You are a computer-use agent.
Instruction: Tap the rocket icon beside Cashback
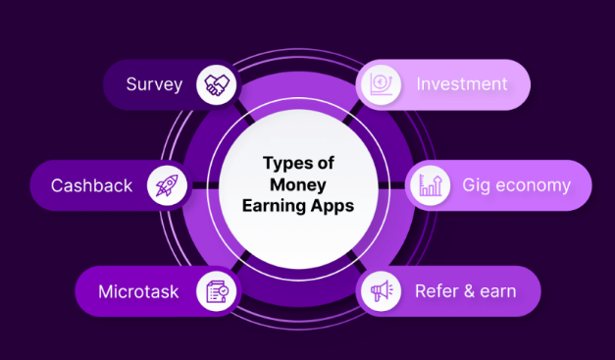[x=166, y=186]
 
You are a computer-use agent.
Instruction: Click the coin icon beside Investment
[x=380, y=85]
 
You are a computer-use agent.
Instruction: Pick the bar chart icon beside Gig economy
[x=429, y=186]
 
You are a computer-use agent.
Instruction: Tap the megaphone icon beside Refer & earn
[x=380, y=291]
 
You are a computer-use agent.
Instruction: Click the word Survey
[x=155, y=84]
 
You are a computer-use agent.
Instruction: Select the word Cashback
[x=91, y=186]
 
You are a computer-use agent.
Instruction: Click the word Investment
[x=461, y=84]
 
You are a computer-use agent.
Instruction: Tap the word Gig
[x=477, y=186]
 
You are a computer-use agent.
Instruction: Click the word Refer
[x=435, y=291]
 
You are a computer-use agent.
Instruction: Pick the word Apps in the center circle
[x=332, y=208]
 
